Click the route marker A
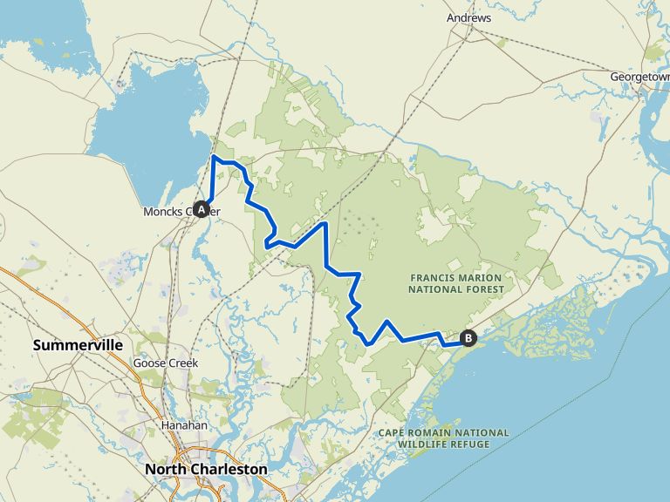pos(202,209)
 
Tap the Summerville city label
pos(78,345)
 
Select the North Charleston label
pos(206,469)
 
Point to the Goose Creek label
pos(166,363)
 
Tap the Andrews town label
pos(468,17)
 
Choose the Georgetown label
pos(639,77)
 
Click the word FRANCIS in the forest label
pos(434,277)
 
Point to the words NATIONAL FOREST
pos(456,288)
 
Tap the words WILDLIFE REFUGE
pos(443,444)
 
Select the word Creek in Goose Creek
pos(181,363)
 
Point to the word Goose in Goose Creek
pos(148,363)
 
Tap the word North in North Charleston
pos(166,469)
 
